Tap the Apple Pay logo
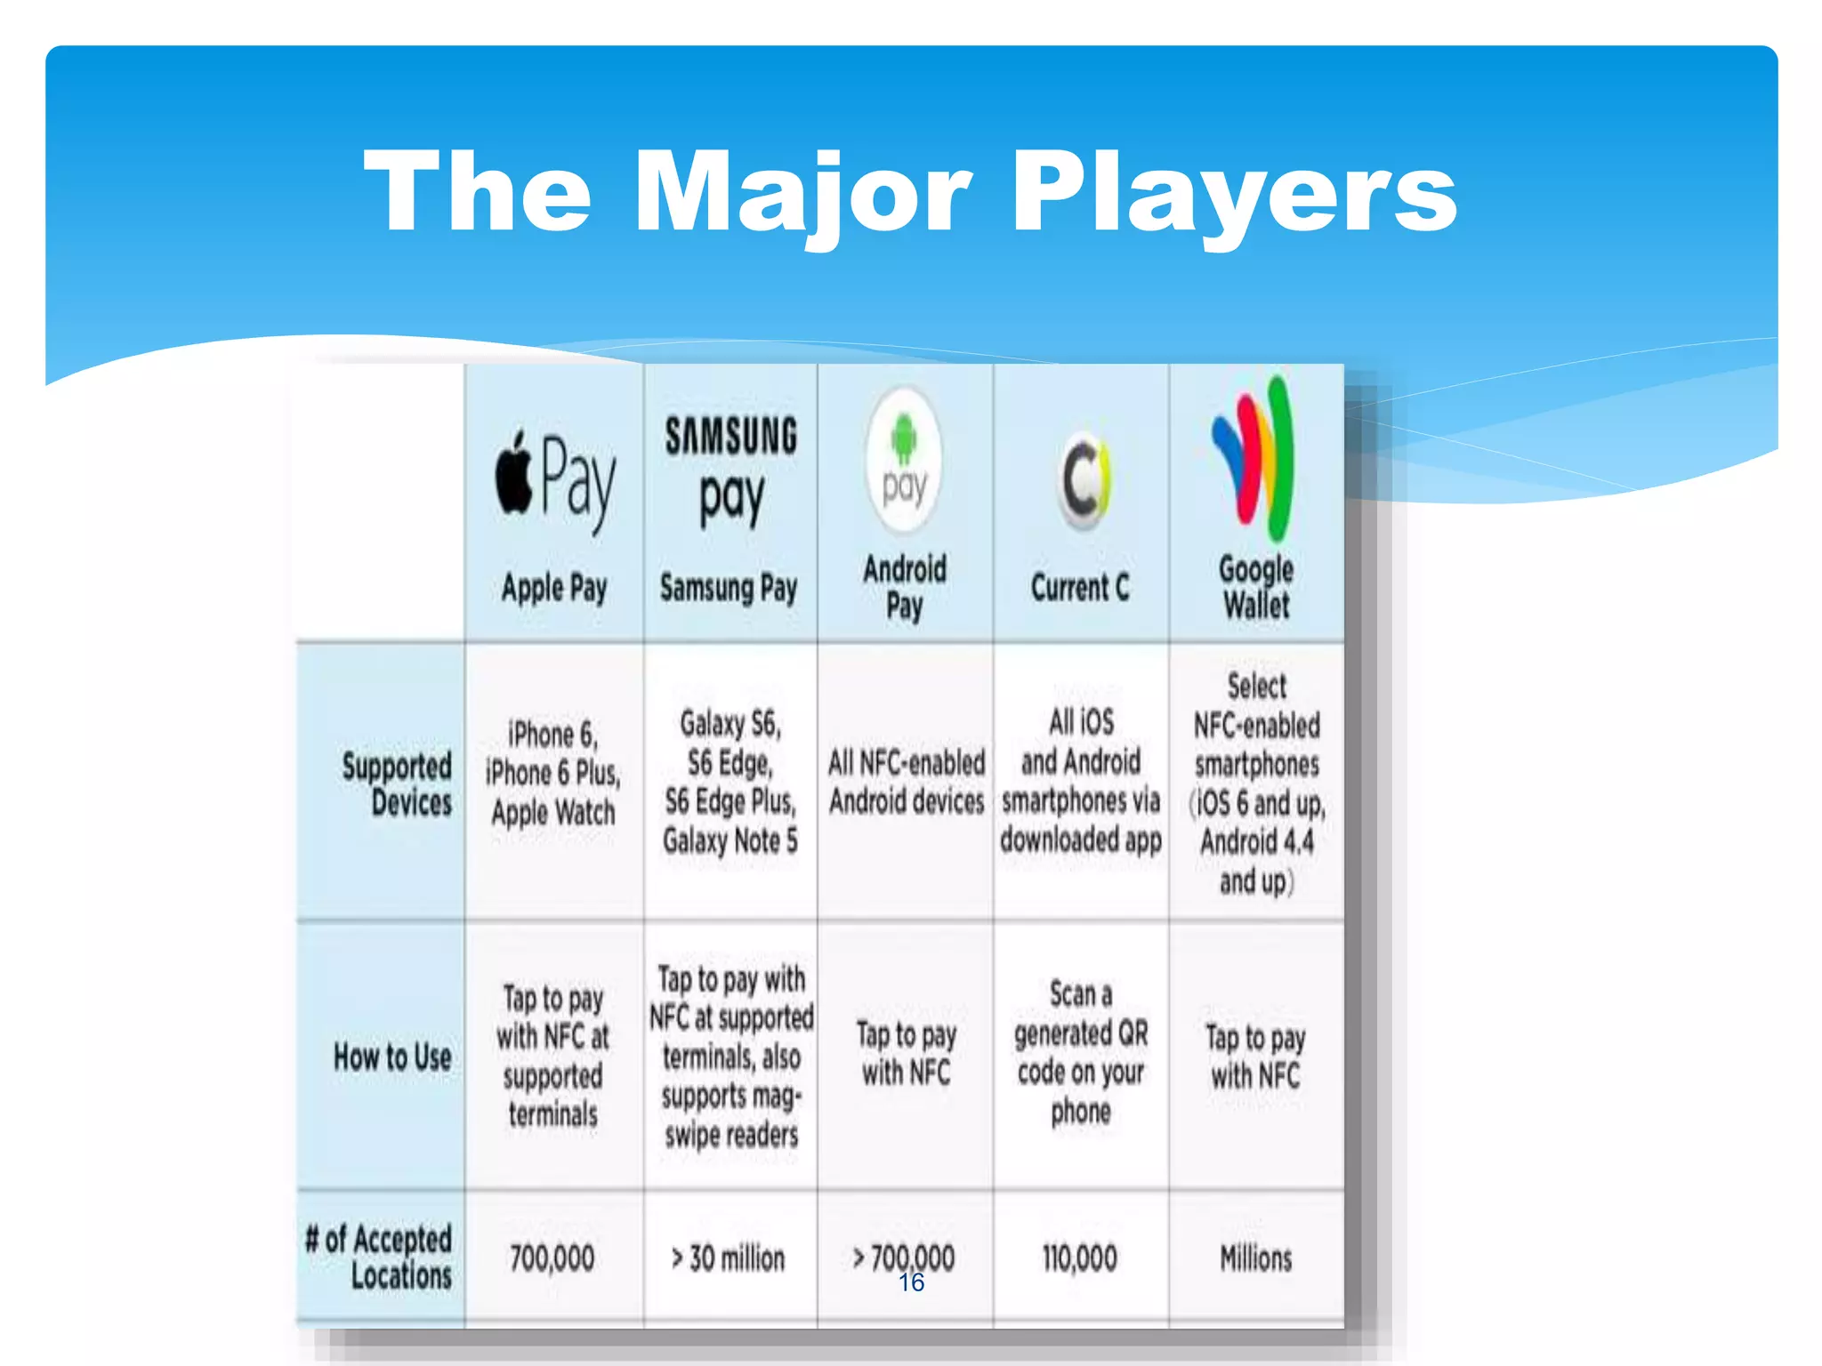coord(555,480)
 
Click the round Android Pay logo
coord(904,461)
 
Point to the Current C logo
coord(1082,480)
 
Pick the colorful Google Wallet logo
coord(1255,458)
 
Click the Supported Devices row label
coord(397,783)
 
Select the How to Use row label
coord(392,1057)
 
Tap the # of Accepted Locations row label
coord(379,1256)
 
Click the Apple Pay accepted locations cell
coord(552,1258)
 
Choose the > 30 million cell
coord(729,1258)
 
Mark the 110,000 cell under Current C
coord(1080,1258)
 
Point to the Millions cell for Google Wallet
coord(1255,1258)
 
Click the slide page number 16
coord(911,1282)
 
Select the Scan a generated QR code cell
coord(1081,1052)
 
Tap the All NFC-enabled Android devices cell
coord(906,782)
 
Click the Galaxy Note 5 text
coord(730,840)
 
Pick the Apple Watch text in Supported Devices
coord(552,812)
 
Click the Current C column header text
coord(1080,587)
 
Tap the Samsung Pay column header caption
coord(729,588)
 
